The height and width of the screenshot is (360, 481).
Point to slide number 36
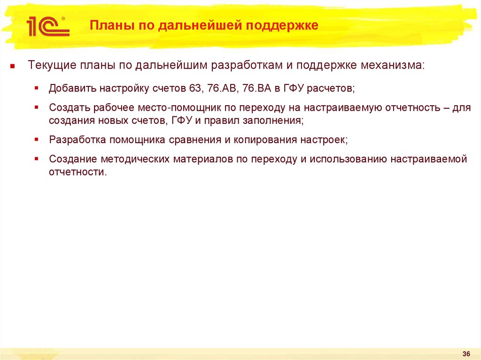466,353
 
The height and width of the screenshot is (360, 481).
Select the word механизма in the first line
392,65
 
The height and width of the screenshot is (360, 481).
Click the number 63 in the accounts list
195,88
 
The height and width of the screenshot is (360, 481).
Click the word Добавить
72,88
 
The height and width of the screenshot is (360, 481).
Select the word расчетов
331,89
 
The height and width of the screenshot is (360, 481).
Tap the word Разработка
78,140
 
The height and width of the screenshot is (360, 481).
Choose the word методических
135,159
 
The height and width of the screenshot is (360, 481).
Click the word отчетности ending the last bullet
78,172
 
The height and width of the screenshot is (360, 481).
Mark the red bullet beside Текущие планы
12,66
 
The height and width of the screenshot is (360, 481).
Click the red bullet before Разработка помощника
37,139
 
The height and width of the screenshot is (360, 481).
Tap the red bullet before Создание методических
37,159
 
